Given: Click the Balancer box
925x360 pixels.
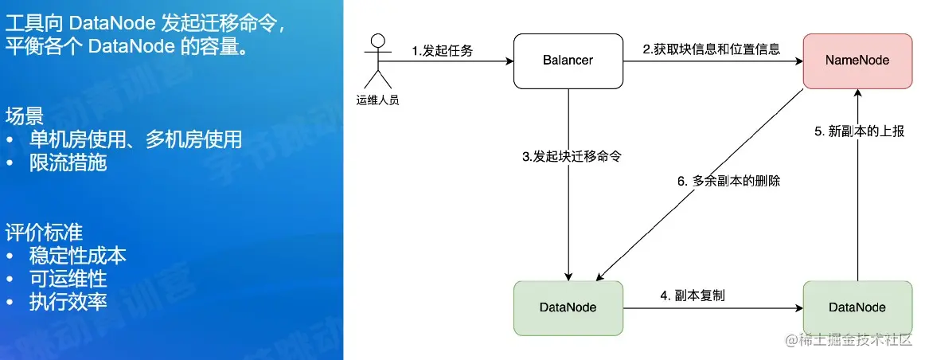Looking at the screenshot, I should click(x=568, y=61).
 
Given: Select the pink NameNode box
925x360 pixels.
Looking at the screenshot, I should click(x=857, y=61).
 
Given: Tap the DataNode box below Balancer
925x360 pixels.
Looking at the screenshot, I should click(x=568, y=307).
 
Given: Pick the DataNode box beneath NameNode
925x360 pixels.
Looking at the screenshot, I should click(x=857, y=307).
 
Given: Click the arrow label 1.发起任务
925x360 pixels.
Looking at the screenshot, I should click(x=443, y=51).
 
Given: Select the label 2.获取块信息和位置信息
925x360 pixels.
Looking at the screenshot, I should click(x=711, y=49).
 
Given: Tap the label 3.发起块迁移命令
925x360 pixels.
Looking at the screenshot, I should click(x=571, y=157).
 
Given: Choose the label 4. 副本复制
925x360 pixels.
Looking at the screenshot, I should click(x=692, y=295).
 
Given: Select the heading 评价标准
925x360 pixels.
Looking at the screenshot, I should click(x=44, y=233).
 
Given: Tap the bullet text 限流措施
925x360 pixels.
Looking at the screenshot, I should click(x=68, y=162).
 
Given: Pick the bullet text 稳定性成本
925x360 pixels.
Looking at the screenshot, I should click(x=77, y=256).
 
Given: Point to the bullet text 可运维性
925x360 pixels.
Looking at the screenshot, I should click(x=68, y=279).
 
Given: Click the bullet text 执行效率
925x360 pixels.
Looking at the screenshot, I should click(x=68, y=302).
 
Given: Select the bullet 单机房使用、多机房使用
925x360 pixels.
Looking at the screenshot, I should click(x=135, y=139).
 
